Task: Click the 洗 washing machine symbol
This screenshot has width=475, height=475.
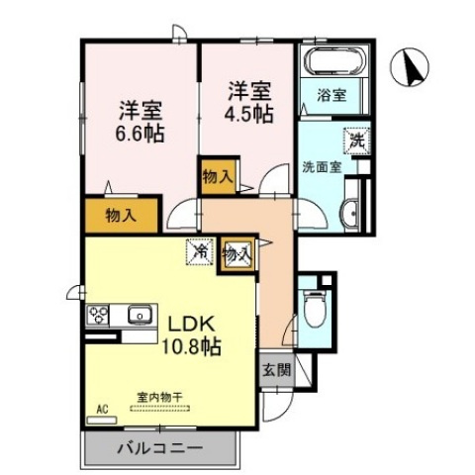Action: tap(354, 141)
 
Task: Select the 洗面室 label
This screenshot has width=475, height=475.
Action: tap(322, 167)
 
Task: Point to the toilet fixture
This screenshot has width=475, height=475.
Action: tap(316, 309)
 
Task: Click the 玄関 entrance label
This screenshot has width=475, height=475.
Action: tap(276, 372)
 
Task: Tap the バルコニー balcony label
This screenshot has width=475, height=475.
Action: tap(161, 448)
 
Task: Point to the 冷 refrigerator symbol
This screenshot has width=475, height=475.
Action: tap(200, 252)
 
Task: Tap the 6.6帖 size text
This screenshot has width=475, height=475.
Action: tap(143, 132)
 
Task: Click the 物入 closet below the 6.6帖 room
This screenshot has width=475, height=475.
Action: tap(121, 214)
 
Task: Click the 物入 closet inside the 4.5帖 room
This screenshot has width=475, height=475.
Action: tap(218, 178)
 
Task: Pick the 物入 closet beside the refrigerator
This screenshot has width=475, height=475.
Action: tap(237, 253)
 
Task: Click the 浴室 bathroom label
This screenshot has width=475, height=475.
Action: tap(332, 95)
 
